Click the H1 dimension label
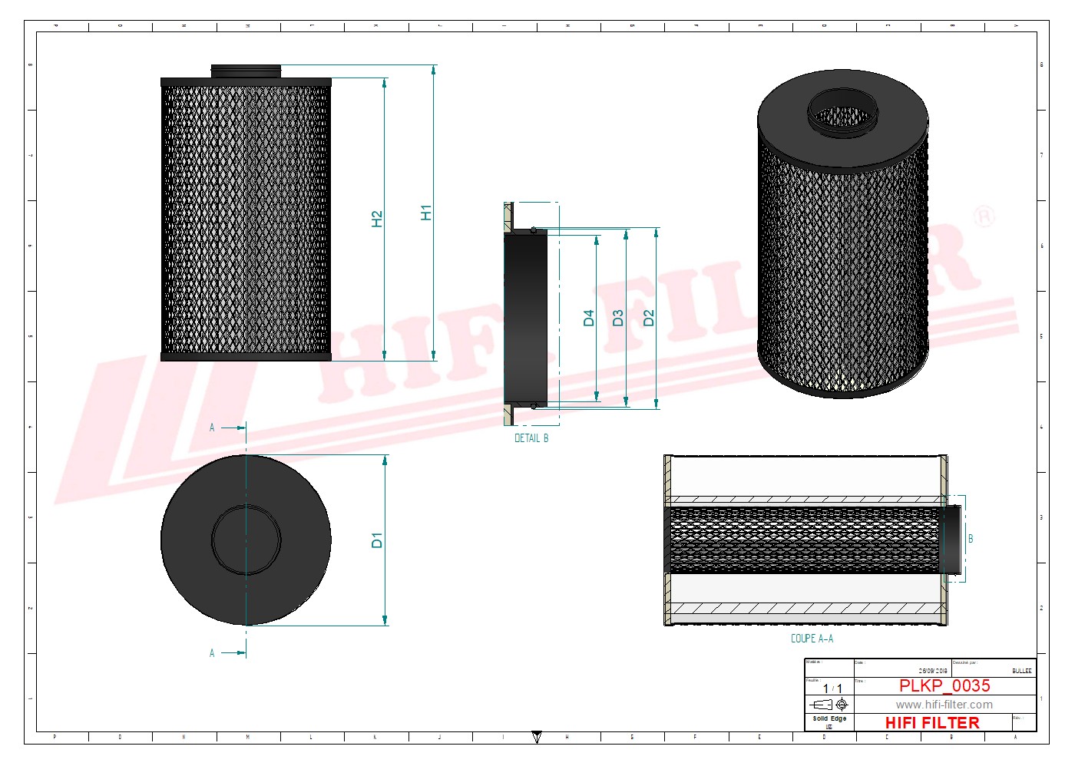(426, 213)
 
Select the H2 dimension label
(376, 219)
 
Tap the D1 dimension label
(376, 540)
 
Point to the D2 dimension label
(648, 318)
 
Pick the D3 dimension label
(618, 318)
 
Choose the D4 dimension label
(588, 318)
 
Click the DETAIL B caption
(531, 438)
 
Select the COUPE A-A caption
(812, 639)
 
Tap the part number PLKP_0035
(944, 685)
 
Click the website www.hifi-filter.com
(944, 705)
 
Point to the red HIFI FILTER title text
(932, 723)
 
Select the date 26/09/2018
(933, 671)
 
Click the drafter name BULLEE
(1021, 671)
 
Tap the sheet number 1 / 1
(832, 688)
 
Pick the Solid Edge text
(829, 719)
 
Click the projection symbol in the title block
(829, 705)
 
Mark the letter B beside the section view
(971, 539)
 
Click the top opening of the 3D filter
(842, 113)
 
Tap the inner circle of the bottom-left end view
(246, 540)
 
